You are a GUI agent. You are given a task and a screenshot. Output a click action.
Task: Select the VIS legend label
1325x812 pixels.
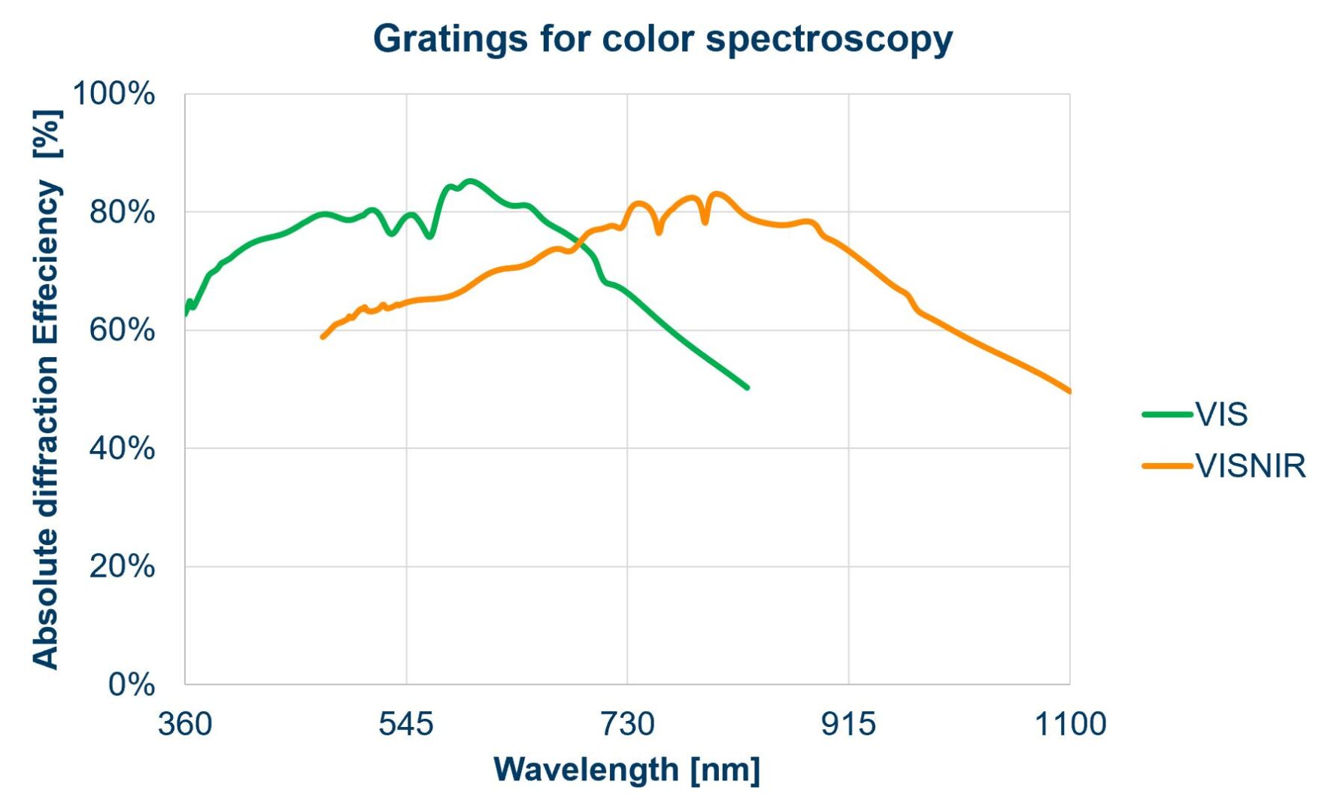(1222, 414)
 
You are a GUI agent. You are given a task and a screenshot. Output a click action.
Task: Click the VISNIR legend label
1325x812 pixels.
(1251, 466)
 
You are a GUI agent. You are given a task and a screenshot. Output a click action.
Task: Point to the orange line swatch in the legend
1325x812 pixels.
(1167, 466)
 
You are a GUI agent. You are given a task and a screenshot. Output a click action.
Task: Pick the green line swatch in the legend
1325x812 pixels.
(1167, 414)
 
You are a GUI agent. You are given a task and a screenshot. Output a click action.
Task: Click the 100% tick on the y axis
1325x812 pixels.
(114, 94)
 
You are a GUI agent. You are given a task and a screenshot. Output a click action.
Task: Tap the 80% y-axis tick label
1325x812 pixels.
(122, 212)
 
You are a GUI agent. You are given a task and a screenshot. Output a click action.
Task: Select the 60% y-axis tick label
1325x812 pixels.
(122, 330)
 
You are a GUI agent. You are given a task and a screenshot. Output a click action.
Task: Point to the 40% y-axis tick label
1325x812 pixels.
(122, 448)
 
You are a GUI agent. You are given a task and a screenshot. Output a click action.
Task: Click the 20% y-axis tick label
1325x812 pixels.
(122, 566)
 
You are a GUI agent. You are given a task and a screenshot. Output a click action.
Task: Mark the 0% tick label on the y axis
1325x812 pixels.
(131, 684)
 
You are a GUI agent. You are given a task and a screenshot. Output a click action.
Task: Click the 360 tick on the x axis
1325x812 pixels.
(185, 724)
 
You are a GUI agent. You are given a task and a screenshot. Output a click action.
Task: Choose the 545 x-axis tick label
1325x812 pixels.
(406, 724)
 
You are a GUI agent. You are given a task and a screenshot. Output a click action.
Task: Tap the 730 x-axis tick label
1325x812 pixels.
(627, 724)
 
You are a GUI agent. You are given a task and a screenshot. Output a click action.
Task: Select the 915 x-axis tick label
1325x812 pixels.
(848, 724)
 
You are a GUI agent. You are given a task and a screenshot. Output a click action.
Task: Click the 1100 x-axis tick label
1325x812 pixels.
(1070, 724)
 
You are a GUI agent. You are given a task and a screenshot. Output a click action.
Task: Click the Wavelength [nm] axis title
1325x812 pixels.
(627, 770)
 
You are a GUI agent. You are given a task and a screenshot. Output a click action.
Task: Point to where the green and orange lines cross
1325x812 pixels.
(579, 242)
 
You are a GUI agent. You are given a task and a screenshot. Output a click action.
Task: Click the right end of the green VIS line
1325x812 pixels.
(747, 387)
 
